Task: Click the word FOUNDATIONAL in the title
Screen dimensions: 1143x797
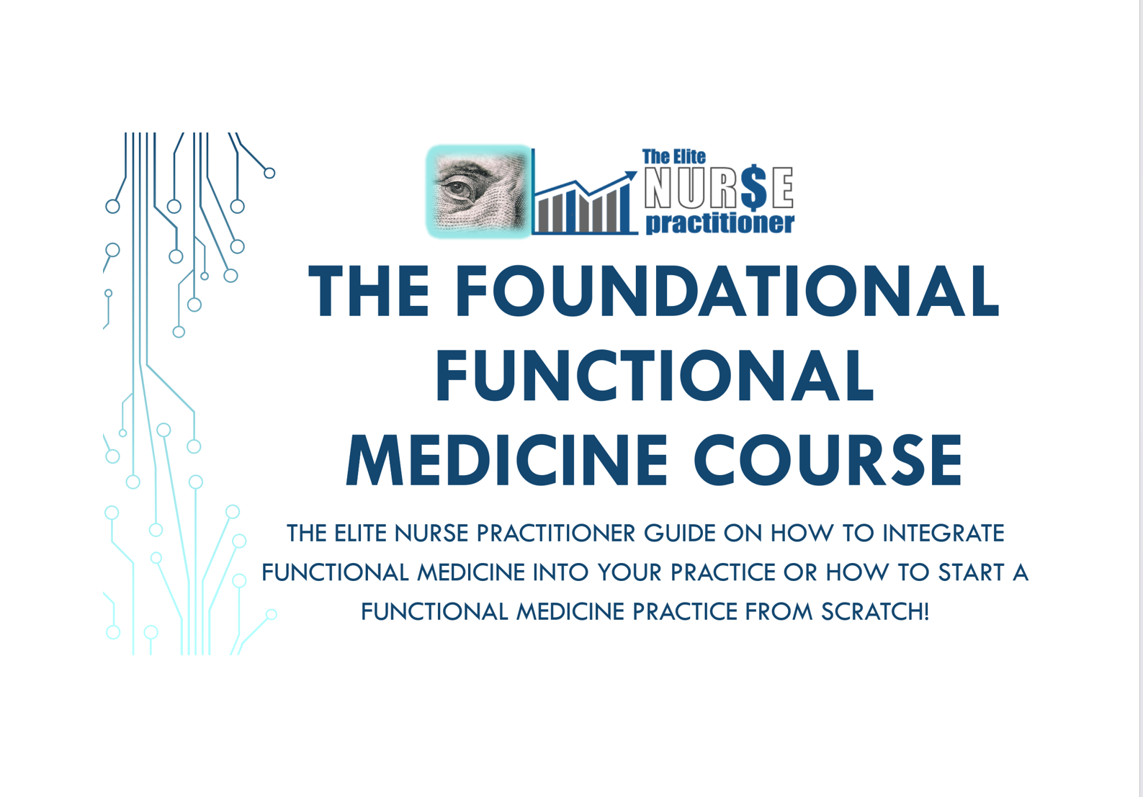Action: tap(727, 291)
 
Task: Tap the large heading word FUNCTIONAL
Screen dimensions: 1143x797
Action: tap(655, 376)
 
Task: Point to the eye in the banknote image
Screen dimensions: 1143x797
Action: tap(456, 189)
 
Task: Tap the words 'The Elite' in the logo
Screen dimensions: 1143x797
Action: tap(673, 157)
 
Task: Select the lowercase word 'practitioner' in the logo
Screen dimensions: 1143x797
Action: tap(720, 223)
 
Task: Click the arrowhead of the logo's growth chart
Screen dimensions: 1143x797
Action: tap(631, 176)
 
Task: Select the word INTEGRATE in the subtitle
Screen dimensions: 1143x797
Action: tap(943, 533)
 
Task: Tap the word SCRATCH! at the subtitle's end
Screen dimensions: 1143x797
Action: tap(875, 611)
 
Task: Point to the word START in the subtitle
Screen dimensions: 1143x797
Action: tap(971, 572)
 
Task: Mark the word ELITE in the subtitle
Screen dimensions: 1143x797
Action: tap(360, 533)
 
